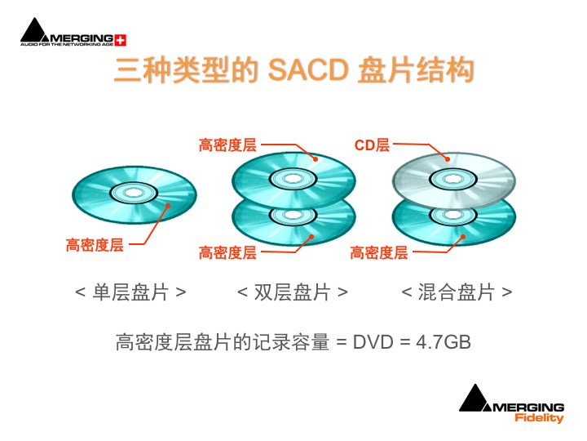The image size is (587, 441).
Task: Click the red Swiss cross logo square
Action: click(x=120, y=40)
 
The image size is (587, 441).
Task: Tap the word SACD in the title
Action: click(x=308, y=69)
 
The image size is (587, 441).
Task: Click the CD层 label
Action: click(x=372, y=145)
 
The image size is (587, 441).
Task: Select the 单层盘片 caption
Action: click(x=130, y=292)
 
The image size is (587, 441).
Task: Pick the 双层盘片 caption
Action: click(x=293, y=292)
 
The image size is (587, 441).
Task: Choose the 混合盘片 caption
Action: click(x=457, y=292)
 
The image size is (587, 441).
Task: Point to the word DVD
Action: click(x=373, y=342)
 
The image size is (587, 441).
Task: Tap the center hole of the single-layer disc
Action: click(x=134, y=193)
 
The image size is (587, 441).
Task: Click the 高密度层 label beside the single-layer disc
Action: click(x=95, y=245)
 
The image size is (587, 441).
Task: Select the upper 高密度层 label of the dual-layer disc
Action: click(x=227, y=145)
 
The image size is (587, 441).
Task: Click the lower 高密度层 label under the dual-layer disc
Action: click(x=227, y=252)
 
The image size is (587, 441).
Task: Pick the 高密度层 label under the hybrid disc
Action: click(x=379, y=252)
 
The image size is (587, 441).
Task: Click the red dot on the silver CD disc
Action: click(x=448, y=159)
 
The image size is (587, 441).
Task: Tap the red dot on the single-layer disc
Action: click(x=168, y=206)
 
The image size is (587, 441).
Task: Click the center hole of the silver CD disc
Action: click(x=453, y=179)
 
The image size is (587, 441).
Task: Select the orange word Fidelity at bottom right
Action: click(x=539, y=418)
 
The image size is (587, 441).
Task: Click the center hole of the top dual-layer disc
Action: click(x=293, y=179)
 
